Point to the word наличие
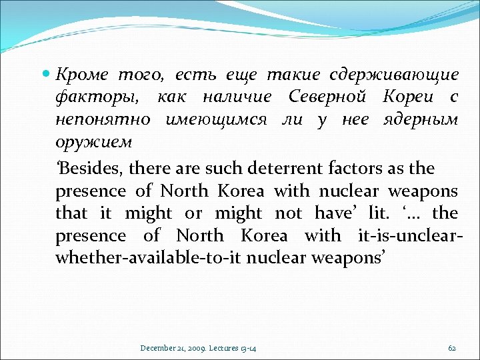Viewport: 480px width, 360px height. click(237, 97)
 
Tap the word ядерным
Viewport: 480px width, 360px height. click(421, 120)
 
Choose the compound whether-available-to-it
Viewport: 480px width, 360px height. click(149, 259)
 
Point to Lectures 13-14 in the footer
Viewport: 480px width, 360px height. click(235, 348)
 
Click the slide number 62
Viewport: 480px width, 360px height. click(452, 348)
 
